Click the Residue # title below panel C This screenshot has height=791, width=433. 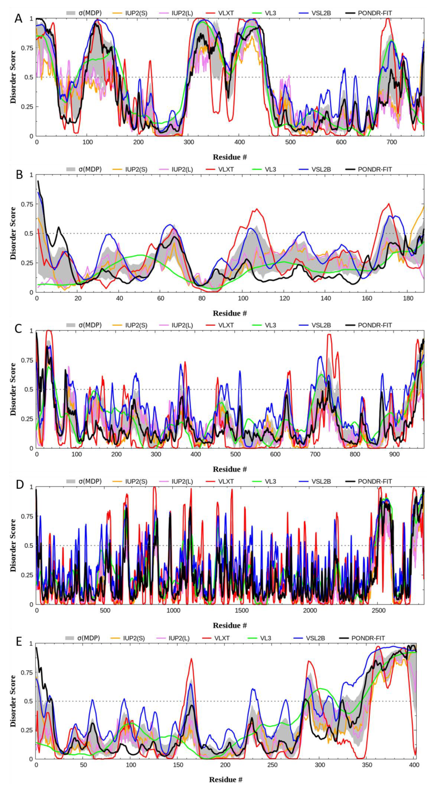230,469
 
